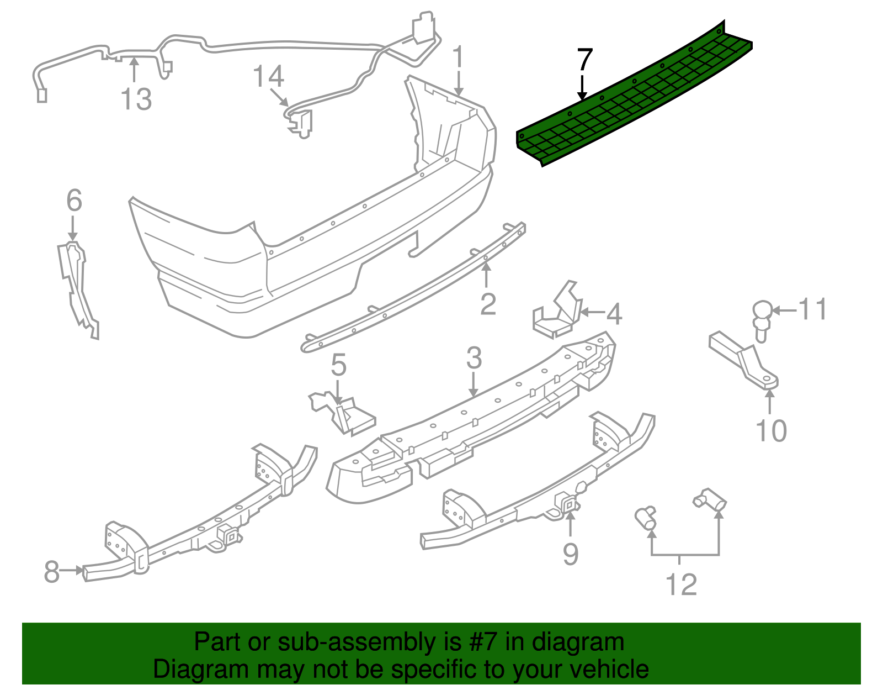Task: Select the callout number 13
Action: pyautogui.click(x=136, y=99)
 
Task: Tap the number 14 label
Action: pyautogui.click(x=268, y=77)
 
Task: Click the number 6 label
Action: pyautogui.click(x=74, y=201)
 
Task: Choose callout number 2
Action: pyautogui.click(x=488, y=304)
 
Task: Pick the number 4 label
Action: pyautogui.click(x=614, y=314)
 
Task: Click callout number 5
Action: pyautogui.click(x=338, y=365)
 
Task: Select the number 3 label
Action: pyautogui.click(x=474, y=358)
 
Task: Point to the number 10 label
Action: pyautogui.click(x=771, y=431)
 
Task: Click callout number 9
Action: pyautogui.click(x=570, y=553)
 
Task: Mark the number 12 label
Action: pyautogui.click(x=682, y=584)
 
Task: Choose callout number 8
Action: pyautogui.click(x=51, y=571)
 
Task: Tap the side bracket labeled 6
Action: pyautogui.click(x=77, y=287)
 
